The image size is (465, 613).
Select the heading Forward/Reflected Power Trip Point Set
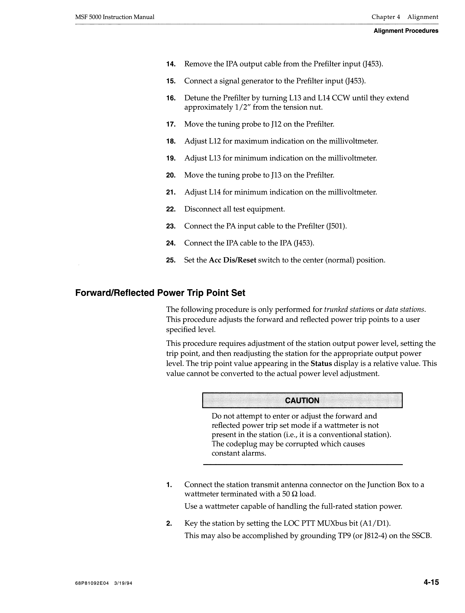pos(160,293)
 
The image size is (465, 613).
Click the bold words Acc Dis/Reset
pos(232,260)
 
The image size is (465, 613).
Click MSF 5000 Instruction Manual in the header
pos(115,17)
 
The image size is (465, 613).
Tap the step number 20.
pos(171,175)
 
